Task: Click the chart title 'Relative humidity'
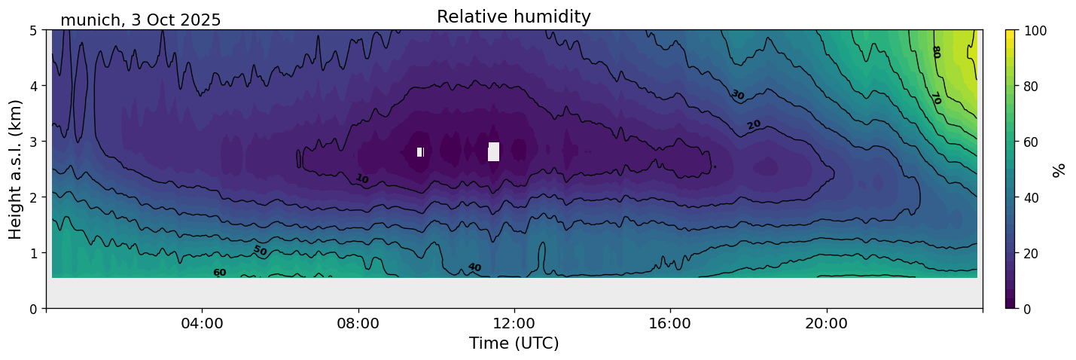[514, 17]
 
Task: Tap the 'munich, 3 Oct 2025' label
[141, 20]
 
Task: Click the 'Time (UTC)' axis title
[514, 343]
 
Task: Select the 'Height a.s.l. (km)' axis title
[17, 169]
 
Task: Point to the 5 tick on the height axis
[34, 30]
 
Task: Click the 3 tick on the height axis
[34, 142]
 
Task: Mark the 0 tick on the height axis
[34, 308]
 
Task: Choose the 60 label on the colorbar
[1033, 142]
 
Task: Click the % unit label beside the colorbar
[1059, 169]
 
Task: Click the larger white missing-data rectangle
[493, 151]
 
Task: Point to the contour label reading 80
[936, 52]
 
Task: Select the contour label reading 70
[936, 99]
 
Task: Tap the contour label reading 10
[362, 178]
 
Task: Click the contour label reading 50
[260, 250]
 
